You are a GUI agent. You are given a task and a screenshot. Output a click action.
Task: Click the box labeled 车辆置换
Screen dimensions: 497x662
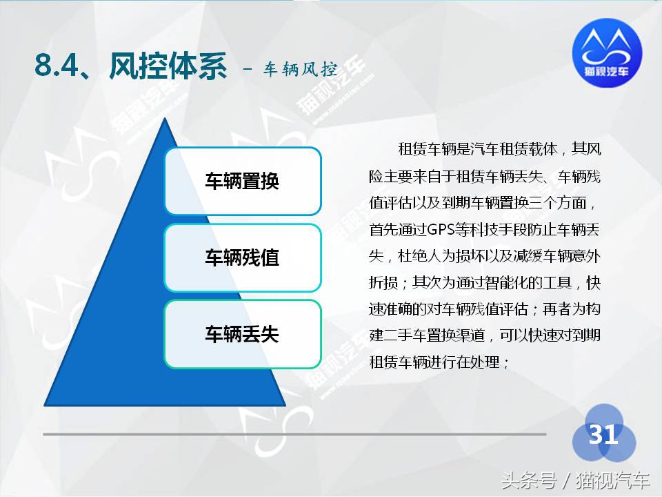click(242, 181)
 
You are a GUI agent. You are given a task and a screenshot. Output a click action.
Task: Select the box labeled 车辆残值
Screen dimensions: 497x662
click(242, 257)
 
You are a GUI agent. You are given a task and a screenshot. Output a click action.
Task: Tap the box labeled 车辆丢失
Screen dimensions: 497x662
click(242, 334)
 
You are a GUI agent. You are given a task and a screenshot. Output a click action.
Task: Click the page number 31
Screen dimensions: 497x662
click(603, 435)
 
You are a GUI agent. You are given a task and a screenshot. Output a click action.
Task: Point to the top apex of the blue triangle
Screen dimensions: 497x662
click(165, 119)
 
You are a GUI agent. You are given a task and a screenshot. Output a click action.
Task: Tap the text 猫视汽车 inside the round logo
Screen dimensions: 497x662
click(607, 70)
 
